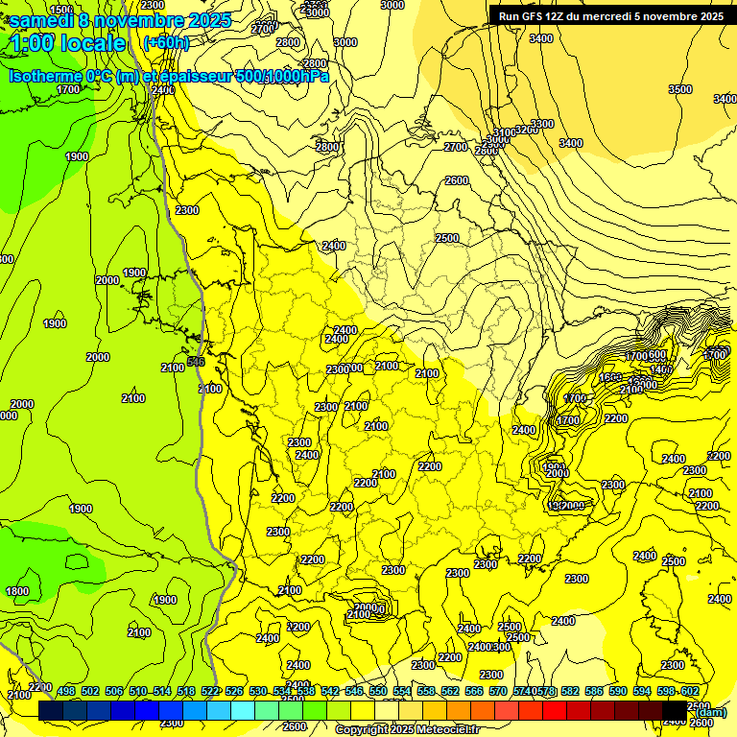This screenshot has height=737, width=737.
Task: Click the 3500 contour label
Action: coord(679,89)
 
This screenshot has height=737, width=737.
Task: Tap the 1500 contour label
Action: coord(59,10)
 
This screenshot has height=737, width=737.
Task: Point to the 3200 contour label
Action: coord(526,130)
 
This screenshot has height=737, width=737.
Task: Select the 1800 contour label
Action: coord(16,591)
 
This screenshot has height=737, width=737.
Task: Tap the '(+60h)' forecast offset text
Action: coord(165,43)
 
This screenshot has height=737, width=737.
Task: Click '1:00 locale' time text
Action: coord(67,44)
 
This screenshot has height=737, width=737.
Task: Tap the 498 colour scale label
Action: coord(66,691)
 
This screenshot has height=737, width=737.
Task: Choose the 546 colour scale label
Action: coord(354,691)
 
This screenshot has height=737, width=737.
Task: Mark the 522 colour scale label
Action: coord(210,691)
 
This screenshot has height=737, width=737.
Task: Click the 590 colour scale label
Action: coord(618,691)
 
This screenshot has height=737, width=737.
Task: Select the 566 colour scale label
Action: coord(474,691)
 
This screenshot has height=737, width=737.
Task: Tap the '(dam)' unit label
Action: coord(711,712)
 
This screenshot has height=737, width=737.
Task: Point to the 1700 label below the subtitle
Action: coord(68,89)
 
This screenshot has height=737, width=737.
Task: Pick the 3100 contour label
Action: coord(503,132)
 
